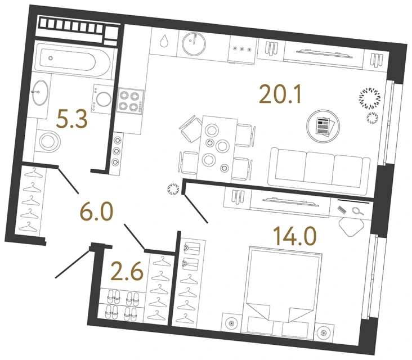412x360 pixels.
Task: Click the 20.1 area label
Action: (x=281, y=94)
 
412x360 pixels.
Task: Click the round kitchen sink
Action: (x=194, y=41)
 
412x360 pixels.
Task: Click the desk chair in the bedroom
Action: (x=353, y=226)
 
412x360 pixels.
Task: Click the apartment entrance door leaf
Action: (x=73, y=263)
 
